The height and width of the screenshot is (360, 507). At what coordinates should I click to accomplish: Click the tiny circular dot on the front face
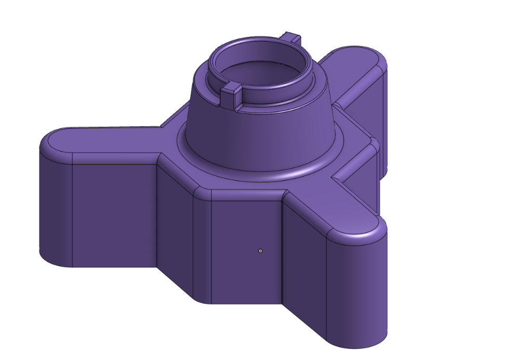pyautogui.click(x=260, y=251)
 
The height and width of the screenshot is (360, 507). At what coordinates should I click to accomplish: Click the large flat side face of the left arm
pyautogui.click(x=114, y=213)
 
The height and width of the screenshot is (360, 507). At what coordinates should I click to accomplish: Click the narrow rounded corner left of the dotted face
pyautogui.click(x=202, y=244)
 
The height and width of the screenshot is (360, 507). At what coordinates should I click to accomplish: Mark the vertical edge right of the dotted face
pyautogui.click(x=282, y=249)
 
